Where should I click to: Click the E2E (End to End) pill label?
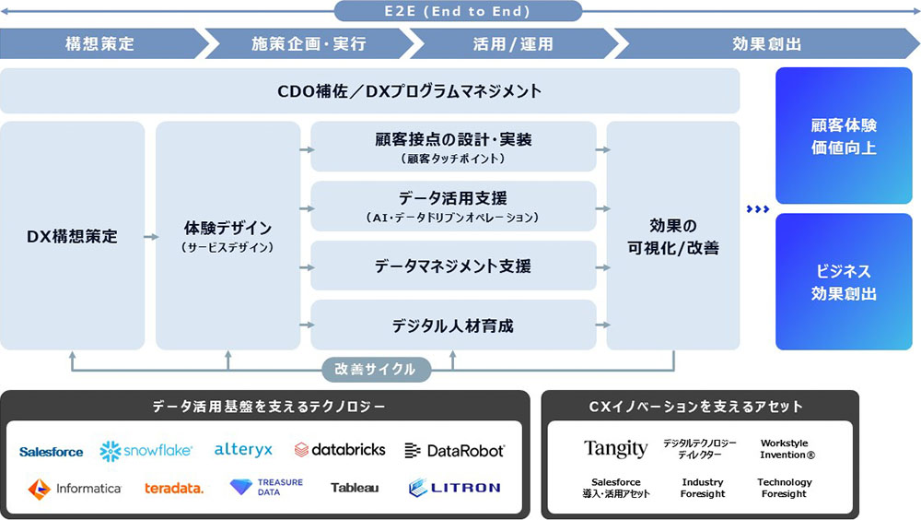tap(458, 11)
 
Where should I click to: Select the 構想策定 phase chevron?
tap(99, 43)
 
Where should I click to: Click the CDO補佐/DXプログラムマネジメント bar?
tap(370, 91)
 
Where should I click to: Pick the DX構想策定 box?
tap(73, 236)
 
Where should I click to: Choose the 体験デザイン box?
tap(227, 236)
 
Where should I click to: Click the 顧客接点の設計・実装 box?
tap(453, 147)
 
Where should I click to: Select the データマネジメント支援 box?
tap(453, 266)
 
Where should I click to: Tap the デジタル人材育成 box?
tap(453, 325)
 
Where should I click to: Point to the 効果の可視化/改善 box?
tap(673, 236)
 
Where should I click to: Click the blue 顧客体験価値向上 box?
tap(844, 136)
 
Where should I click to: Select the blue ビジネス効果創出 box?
tap(844, 282)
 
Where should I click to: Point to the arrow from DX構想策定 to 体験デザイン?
tap(150, 237)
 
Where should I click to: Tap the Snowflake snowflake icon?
tap(111, 450)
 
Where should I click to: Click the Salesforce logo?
tap(52, 452)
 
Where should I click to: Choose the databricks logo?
tap(340, 450)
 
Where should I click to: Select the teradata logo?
tap(174, 488)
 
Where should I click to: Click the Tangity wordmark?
tap(615, 449)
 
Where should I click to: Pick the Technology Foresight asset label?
tap(785, 488)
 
